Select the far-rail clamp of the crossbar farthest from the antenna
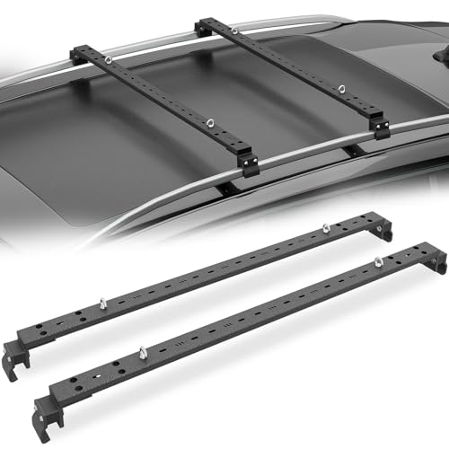pyautogui.click(x=78, y=53)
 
